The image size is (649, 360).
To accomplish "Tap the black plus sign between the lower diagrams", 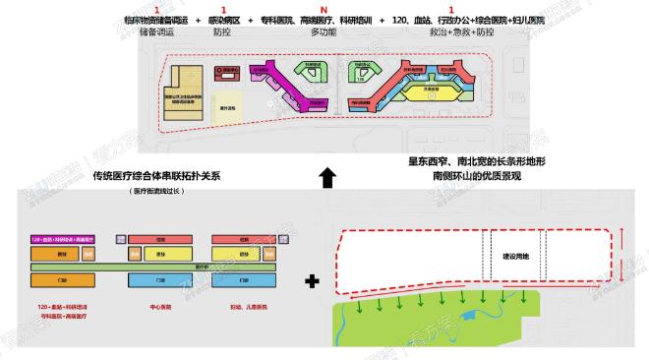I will pyautogui.click(x=312, y=281).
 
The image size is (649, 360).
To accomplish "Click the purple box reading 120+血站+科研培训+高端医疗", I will pyautogui.click(x=67, y=239).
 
